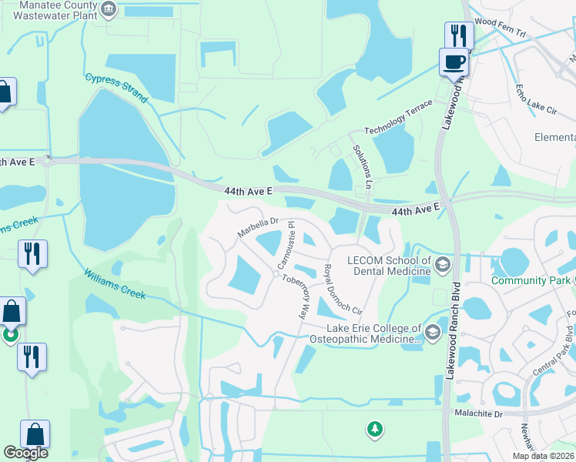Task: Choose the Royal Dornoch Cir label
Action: coord(343,290)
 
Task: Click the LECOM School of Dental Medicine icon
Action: coord(443,266)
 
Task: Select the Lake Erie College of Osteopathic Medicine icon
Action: coord(432,332)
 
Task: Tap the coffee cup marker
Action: coord(453,61)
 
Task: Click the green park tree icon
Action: coord(374,428)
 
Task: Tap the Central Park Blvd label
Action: coord(551,352)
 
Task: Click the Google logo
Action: coord(26,453)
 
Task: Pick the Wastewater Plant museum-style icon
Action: coord(109,9)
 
